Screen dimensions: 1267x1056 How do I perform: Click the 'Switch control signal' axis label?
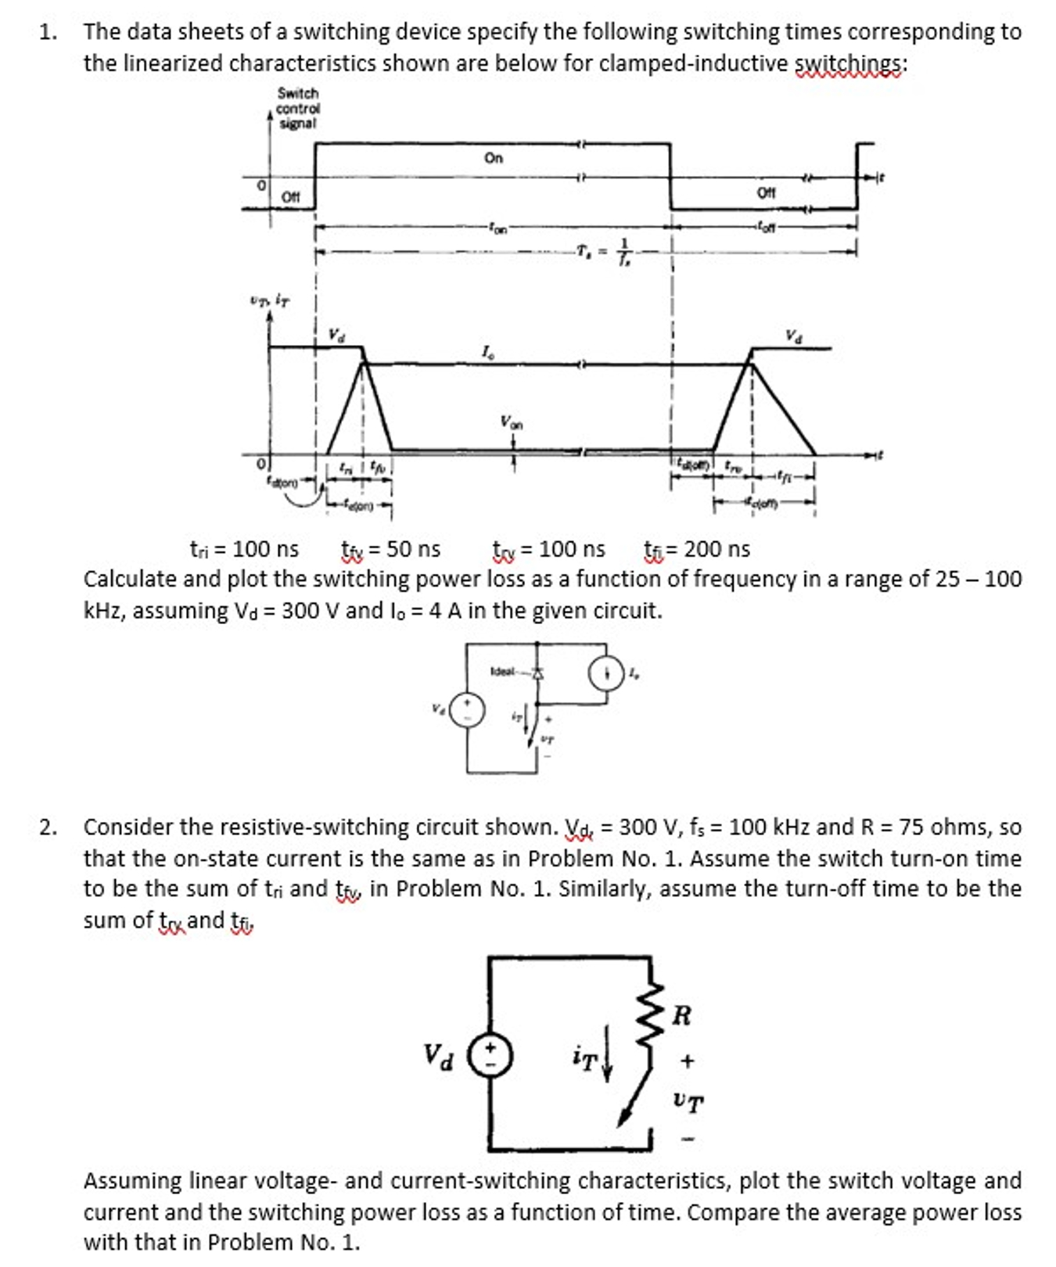coord(297,108)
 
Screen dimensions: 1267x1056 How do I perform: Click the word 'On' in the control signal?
coord(494,158)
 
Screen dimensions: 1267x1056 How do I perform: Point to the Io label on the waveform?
coord(488,353)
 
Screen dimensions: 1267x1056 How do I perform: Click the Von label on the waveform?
coord(512,422)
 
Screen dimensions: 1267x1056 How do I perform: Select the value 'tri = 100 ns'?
coord(245,549)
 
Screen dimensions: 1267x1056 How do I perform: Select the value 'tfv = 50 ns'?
coord(391,549)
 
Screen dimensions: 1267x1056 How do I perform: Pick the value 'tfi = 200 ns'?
coord(697,549)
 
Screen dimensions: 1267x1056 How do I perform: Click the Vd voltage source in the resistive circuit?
coord(489,1055)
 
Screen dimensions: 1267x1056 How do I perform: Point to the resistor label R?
coord(681,1015)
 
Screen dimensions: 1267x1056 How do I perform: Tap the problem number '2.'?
coord(48,827)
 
